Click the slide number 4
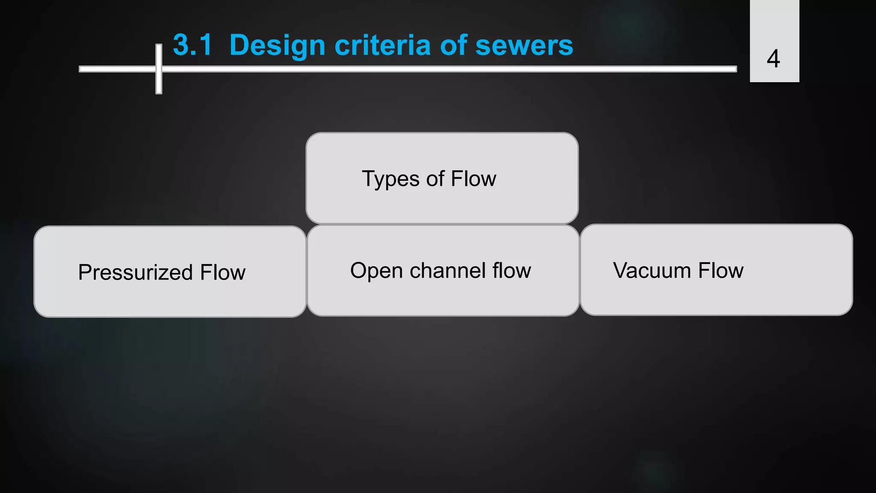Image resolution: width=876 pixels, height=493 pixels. click(773, 59)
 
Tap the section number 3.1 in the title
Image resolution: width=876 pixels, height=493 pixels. click(192, 45)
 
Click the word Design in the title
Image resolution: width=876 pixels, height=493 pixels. click(277, 45)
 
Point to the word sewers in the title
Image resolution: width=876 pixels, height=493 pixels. click(524, 45)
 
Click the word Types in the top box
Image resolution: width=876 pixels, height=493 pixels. click(391, 179)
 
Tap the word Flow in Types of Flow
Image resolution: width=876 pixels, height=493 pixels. click(474, 178)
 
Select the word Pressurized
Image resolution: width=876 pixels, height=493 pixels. click(135, 273)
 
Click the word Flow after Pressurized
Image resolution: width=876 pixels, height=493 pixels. click(223, 273)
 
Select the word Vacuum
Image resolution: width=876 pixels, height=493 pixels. click(652, 270)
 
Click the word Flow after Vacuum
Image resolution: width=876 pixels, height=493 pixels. click(721, 270)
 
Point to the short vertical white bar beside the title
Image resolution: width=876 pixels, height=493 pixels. click(159, 81)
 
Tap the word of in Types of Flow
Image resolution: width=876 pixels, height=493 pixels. click(435, 178)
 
